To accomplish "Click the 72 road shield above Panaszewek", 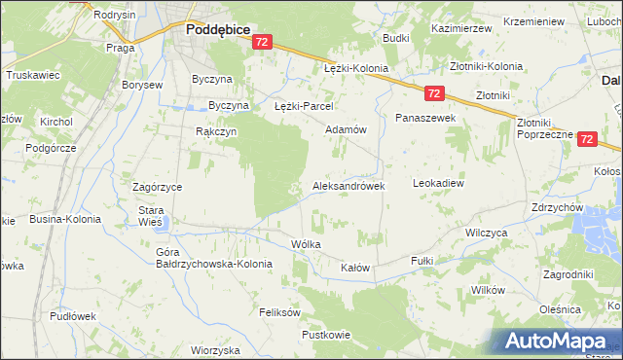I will pos(434,93).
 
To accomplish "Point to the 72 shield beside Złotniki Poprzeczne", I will pos(586,140).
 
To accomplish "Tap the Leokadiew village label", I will pos(440,182).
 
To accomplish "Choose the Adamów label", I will pos(345,129).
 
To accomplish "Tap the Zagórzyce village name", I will pos(157,186).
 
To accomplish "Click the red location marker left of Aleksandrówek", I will pos(296,186).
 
